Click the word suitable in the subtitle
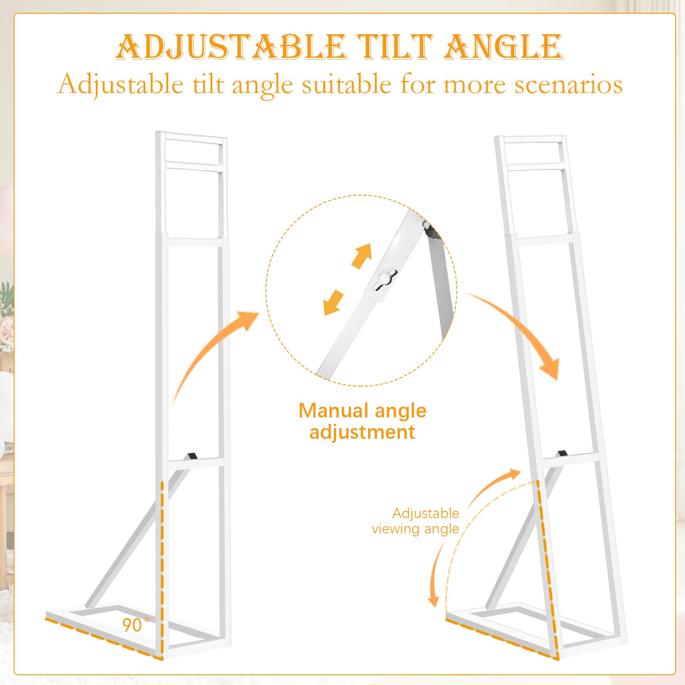(x=346, y=84)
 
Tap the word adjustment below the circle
(x=362, y=432)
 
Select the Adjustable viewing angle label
(x=415, y=521)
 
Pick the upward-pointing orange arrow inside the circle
(x=361, y=256)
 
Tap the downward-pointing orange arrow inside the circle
(x=334, y=303)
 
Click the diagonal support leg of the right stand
(x=520, y=537)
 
